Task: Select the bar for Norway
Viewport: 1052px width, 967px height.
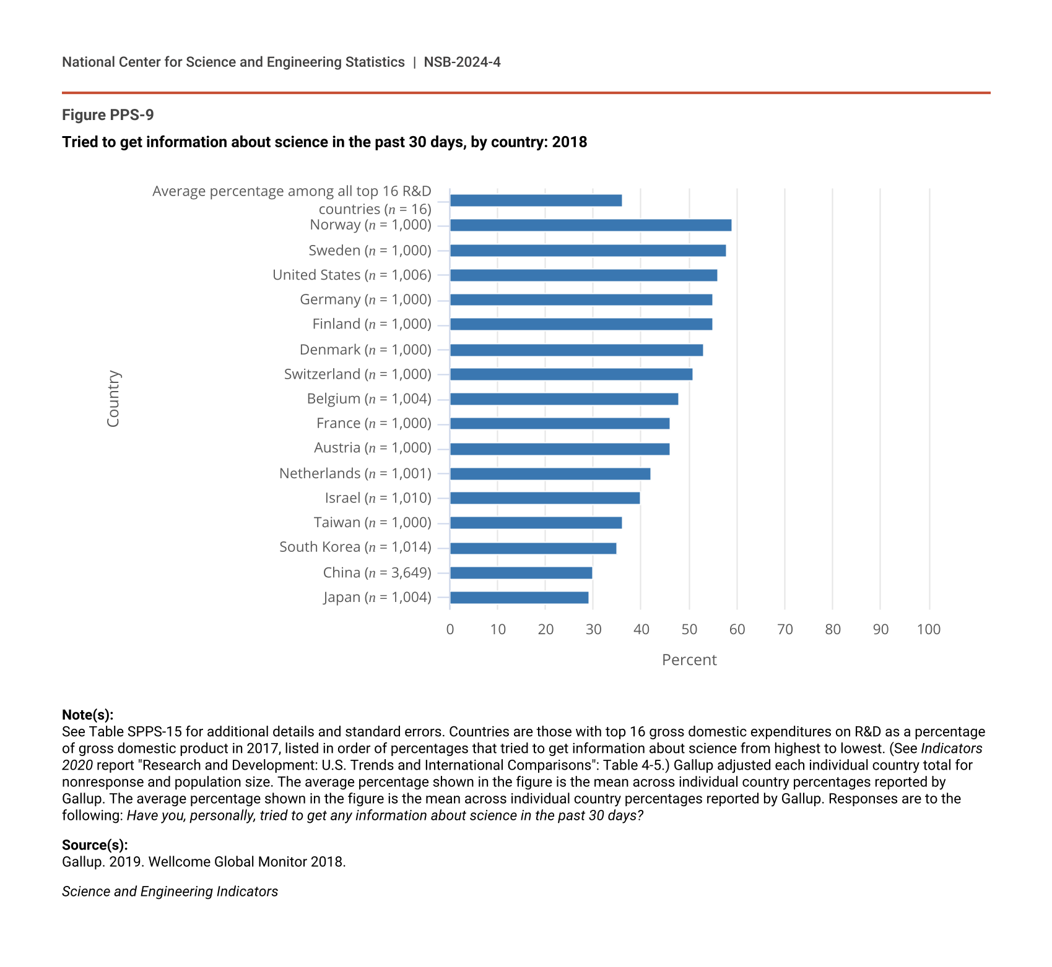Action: pyautogui.click(x=591, y=225)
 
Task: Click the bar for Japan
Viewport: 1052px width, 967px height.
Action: pyautogui.click(x=519, y=598)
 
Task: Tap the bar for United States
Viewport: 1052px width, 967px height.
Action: pyautogui.click(x=583, y=275)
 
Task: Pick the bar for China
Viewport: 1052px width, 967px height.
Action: pyautogui.click(x=521, y=573)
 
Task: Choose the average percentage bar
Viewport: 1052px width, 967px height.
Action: pyautogui.click(x=536, y=200)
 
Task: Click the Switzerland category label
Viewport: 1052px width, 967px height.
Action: pyautogui.click(x=357, y=374)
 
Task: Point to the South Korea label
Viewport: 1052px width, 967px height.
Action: pyautogui.click(x=355, y=547)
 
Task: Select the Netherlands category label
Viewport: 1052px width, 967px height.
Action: pyautogui.click(x=355, y=473)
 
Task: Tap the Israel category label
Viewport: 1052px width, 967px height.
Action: pyautogui.click(x=378, y=498)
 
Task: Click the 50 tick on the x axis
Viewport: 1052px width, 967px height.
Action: pyautogui.click(x=689, y=630)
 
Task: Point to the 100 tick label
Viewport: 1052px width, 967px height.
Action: pyautogui.click(x=928, y=630)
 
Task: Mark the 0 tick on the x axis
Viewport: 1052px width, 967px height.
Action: pyautogui.click(x=450, y=630)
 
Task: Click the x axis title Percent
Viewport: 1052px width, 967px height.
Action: pyautogui.click(x=689, y=660)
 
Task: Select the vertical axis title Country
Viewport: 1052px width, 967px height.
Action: pyautogui.click(x=113, y=398)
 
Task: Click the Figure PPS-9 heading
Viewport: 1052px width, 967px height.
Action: pyautogui.click(x=108, y=115)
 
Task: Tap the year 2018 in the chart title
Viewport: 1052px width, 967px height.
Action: pyautogui.click(x=569, y=142)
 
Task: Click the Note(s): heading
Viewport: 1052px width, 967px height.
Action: pyautogui.click(x=87, y=715)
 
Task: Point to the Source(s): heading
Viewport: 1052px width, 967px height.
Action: pyautogui.click(x=95, y=845)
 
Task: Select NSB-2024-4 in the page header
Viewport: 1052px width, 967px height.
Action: pyautogui.click(x=462, y=62)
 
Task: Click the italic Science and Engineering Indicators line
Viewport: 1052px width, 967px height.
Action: pyautogui.click(x=170, y=892)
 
